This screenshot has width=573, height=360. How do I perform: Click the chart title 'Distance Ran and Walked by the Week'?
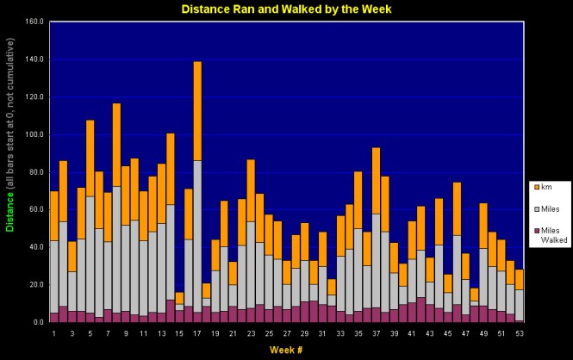click(287, 9)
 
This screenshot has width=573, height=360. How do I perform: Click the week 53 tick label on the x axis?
click(520, 332)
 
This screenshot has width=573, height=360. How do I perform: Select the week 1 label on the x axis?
click(54, 332)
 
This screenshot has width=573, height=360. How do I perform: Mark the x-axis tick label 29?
click(304, 332)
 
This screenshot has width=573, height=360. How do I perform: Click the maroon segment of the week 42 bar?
click(420, 309)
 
